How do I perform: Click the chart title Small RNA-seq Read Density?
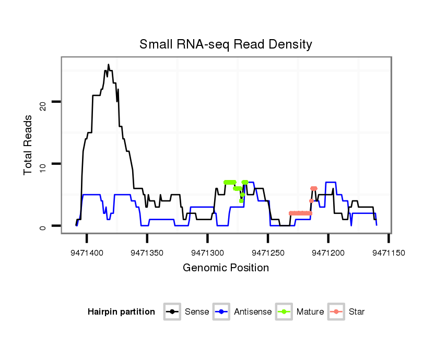tap(226, 44)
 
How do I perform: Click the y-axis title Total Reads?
tap(28, 145)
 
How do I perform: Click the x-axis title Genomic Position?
tap(226, 268)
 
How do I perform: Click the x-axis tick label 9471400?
tap(87, 253)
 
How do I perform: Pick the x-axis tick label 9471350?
tap(147, 253)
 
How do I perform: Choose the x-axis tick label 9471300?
tap(207, 253)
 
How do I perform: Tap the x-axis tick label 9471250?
tap(268, 253)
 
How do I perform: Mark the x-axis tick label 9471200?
tap(328, 253)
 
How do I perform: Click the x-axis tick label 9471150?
tap(388, 253)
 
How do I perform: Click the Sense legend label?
tap(197, 312)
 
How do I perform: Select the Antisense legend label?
tap(253, 312)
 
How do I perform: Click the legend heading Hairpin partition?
tap(121, 312)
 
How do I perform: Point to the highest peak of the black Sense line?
tap(108, 65)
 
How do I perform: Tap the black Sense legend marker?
tap(172, 312)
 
